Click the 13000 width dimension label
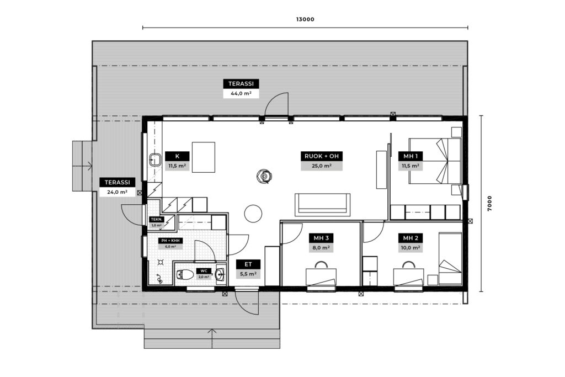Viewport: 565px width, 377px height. pyautogui.click(x=305, y=19)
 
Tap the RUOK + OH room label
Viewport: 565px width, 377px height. pyautogui.click(x=322, y=156)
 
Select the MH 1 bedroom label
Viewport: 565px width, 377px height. pyautogui.click(x=411, y=156)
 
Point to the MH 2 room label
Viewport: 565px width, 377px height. pyautogui.click(x=411, y=238)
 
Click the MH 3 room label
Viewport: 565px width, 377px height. pyautogui.click(x=321, y=238)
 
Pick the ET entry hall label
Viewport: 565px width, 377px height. pyautogui.click(x=248, y=264)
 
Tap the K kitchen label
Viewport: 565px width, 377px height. pyautogui.click(x=177, y=156)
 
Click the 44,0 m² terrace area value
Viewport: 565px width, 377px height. pyautogui.click(x=241, y=93)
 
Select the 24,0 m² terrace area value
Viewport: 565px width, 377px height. pyautogui.click(x=117, y=192)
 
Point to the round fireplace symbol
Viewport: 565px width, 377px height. pyautogui.click(x=264, y=177)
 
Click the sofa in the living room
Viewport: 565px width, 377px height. pyautogui.click(x=322, y=205)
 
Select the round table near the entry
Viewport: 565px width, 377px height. pyautogui.click(x=253, y=214)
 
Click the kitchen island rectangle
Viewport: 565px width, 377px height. pyautogui.click(x=204, y=157)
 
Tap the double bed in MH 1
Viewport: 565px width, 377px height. pyautogui.click(x=435, y=161)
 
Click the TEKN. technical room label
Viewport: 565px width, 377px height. pyautogui.click(x=157, y=220)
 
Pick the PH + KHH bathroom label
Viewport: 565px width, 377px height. pyautogui.click(x=170, y=241)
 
